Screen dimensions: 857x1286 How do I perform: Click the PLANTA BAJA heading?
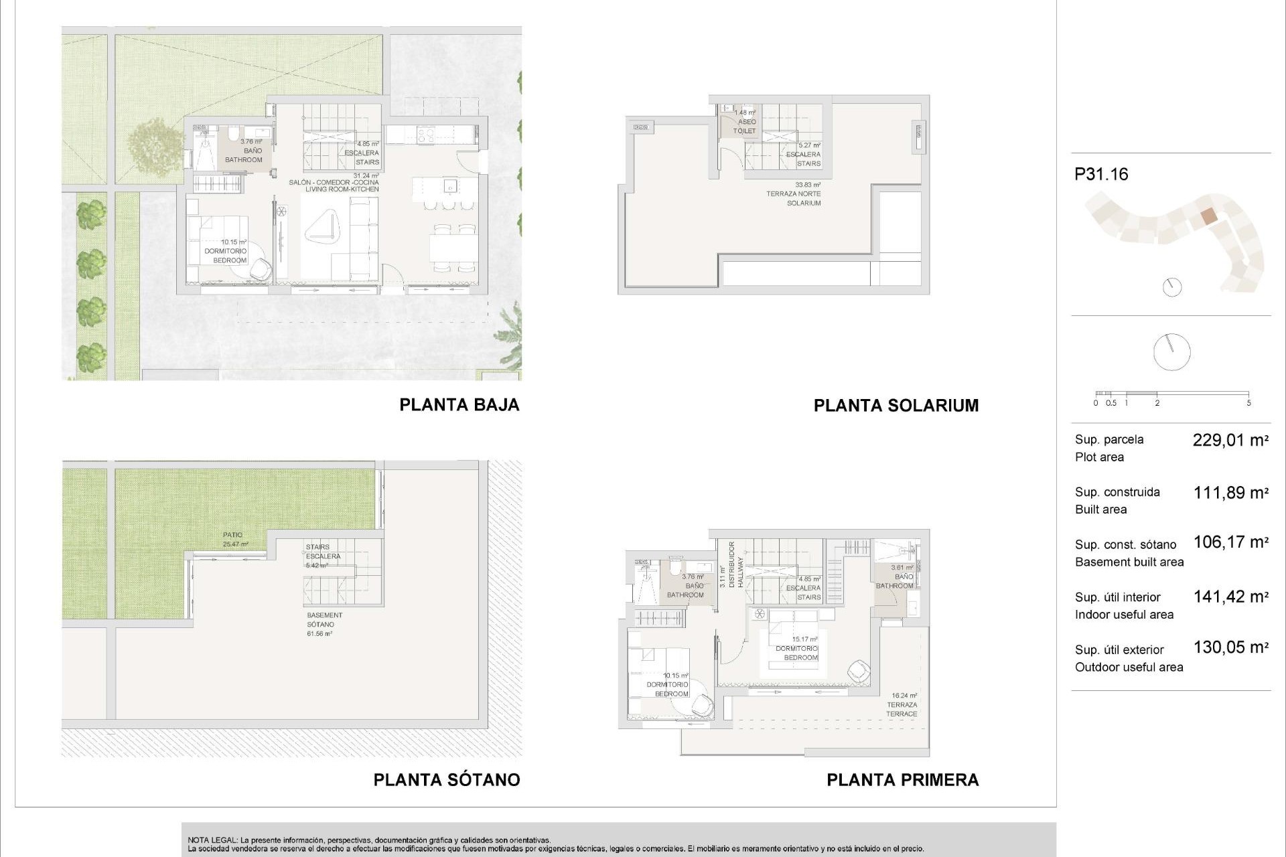459,405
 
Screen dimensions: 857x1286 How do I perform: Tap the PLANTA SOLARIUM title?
896,406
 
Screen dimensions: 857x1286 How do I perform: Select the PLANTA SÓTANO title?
446,780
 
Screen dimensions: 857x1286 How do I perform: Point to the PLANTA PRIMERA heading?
902,780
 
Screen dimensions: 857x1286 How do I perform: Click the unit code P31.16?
1101,175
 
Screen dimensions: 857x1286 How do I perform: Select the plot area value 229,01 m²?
1230,441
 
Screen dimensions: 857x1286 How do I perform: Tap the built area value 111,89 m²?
1230,493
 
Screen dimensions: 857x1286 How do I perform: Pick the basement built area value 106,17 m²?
1230,542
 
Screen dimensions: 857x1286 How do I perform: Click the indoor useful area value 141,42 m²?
1230,597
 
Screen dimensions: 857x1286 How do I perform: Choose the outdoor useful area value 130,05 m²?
1230,647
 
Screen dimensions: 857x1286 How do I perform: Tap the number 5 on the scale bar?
1248,403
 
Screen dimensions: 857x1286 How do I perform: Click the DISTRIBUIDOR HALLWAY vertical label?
735,564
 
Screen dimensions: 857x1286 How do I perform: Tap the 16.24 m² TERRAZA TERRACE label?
902,705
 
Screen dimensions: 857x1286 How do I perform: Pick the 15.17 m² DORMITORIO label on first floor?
797,649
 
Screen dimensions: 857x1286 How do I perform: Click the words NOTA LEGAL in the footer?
212,840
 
